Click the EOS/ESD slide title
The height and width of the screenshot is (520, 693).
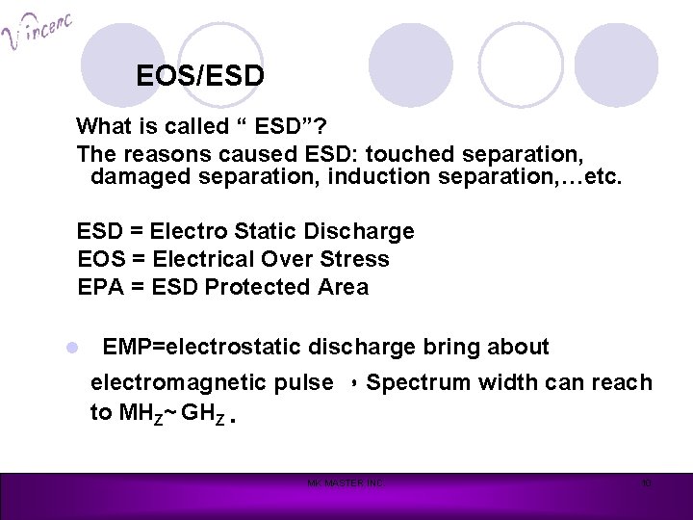(200, 75)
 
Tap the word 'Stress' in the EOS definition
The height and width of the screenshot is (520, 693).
(357, 260)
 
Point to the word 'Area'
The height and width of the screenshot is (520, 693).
(342, 288)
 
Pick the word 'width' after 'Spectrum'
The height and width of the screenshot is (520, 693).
(506, 382)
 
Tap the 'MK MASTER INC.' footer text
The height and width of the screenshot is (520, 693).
(345, 482)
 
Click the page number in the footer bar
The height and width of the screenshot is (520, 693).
(648, 482)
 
